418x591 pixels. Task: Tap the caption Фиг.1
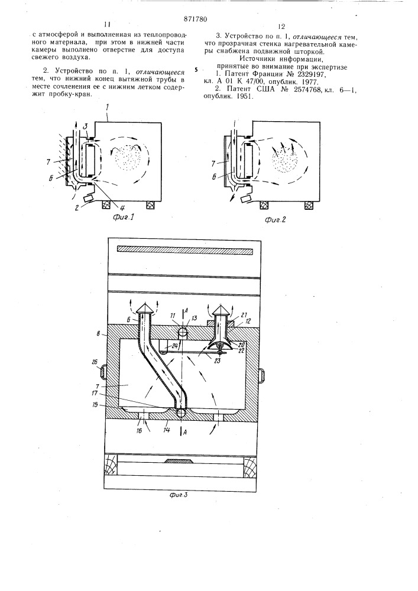pyautogui.click(x=123, y=217)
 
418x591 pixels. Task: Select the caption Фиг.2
pyautogui.click(x=275, y=220)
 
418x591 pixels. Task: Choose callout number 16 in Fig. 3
pyautogui.click(x=139, y=431)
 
